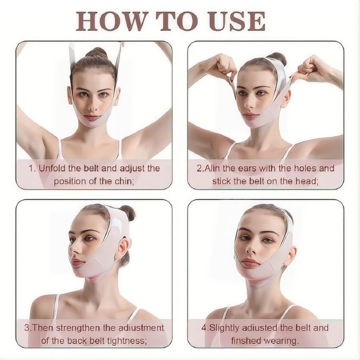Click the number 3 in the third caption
[27, 328]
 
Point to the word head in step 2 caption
[306, 181]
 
